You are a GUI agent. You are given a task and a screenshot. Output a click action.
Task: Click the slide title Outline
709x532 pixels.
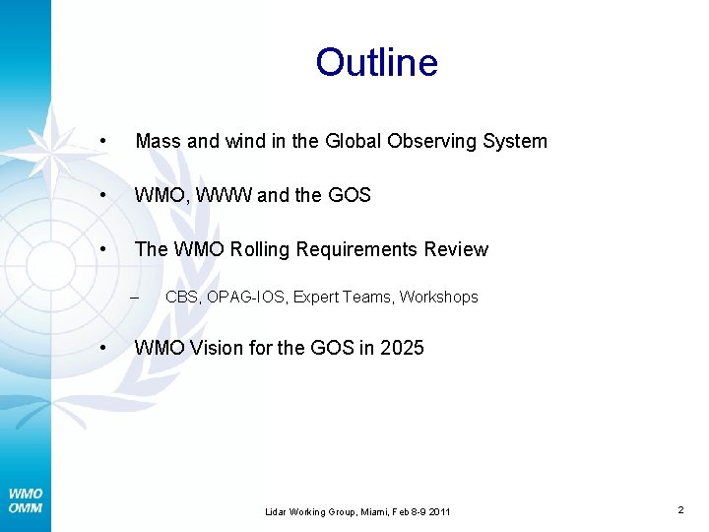[376, 62]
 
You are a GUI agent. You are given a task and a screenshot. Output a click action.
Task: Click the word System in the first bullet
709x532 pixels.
[515, 141]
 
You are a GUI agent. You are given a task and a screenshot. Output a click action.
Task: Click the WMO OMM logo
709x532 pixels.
[26, 500]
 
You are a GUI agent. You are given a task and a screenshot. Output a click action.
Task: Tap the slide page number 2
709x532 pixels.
[680, 509]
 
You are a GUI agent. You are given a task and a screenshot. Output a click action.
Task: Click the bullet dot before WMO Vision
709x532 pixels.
[104, 347]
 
